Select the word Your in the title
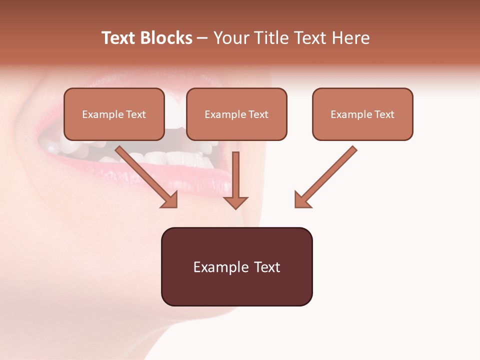(x=228, y=38)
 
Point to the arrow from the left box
(x=145, y=175)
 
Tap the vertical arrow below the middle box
(x=235, y=175)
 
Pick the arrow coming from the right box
(x=327, y=175)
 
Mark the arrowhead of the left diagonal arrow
(x=170, y=200)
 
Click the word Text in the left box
(x=136, y=114)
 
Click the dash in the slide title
(x=203, y=38)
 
